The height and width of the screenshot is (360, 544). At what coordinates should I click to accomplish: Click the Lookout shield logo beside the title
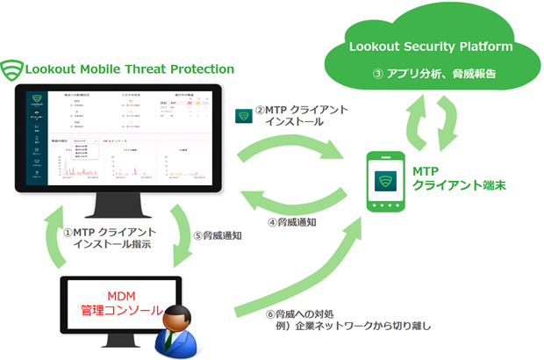pos(12,69)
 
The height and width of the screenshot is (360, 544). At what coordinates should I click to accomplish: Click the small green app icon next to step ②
pos(243,116)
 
